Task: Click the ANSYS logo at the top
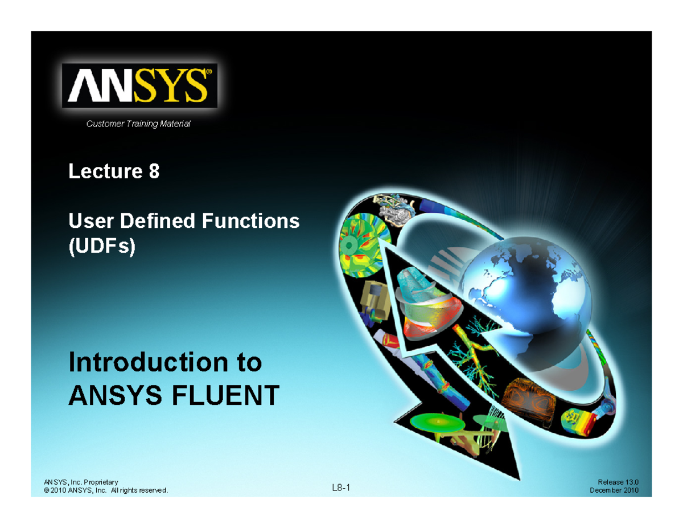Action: (x=139, y=85)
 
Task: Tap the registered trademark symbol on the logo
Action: (x=209, y=72)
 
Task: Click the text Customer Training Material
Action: (x=138, y=124)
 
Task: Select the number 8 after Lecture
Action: (x=154, y=171)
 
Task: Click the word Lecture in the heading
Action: (x=106, y=171)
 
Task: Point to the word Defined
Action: (x=158, y=221)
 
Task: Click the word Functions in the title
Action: (x=250, y=221)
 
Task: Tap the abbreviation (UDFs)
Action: (x=102, y=246)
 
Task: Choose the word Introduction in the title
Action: (x=148, y=362)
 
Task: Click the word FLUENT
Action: (x=225, y=395)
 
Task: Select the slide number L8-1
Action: (x=341, y=488)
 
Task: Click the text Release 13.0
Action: (x=618, y=482)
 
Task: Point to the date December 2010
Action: (x=614, y=490)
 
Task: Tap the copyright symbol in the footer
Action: (x=46, y=490)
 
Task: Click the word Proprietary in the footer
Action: (x=101, y=482)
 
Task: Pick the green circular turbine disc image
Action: (x=365, y=245)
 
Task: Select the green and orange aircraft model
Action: (x=459, y=432)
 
